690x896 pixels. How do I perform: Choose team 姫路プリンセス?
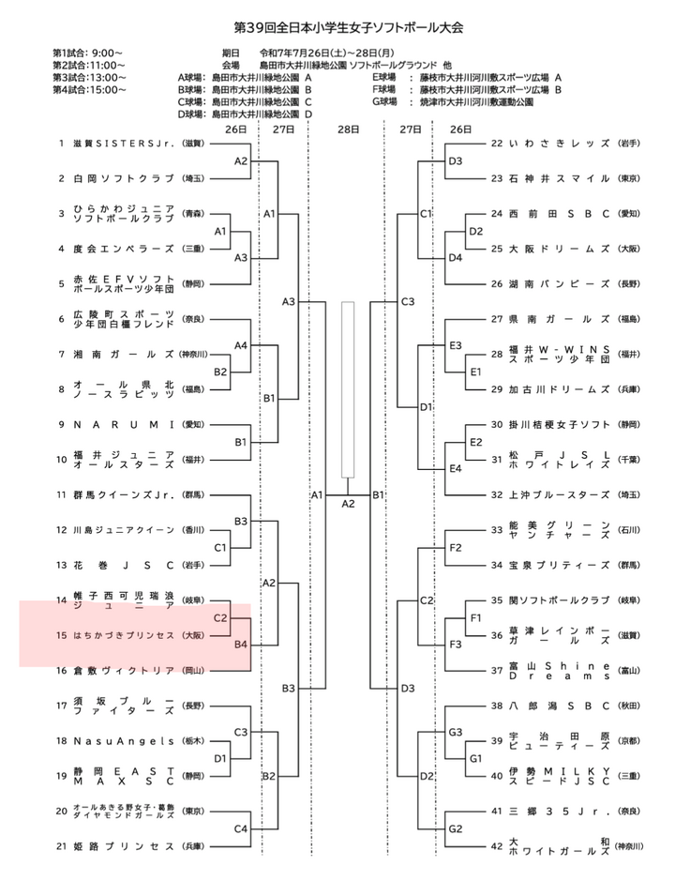(x=123, y=846)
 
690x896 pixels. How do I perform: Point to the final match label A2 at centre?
(x=348, y=504)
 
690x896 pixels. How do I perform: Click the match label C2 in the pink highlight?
(x=221, y=618)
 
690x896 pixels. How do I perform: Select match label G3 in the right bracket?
(x=457, y=732)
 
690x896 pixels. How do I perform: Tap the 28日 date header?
(x=348, y=129)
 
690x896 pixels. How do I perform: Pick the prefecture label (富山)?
(x=629, y=671)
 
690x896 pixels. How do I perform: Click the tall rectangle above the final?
(x=349, y=389)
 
